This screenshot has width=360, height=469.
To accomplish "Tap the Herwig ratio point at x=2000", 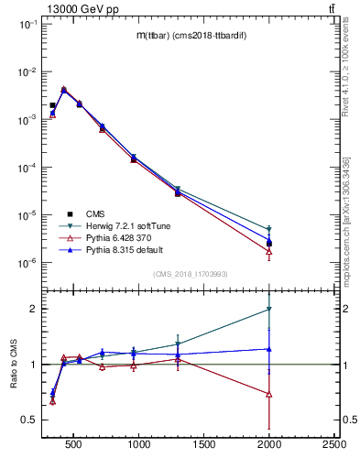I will (x=268, y=310).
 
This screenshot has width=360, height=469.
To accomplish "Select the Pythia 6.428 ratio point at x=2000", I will (x=268, y=394).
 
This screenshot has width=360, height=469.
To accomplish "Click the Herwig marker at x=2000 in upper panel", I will (x=268, y=229).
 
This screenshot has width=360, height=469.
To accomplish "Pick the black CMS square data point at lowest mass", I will (x=52, y=105).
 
